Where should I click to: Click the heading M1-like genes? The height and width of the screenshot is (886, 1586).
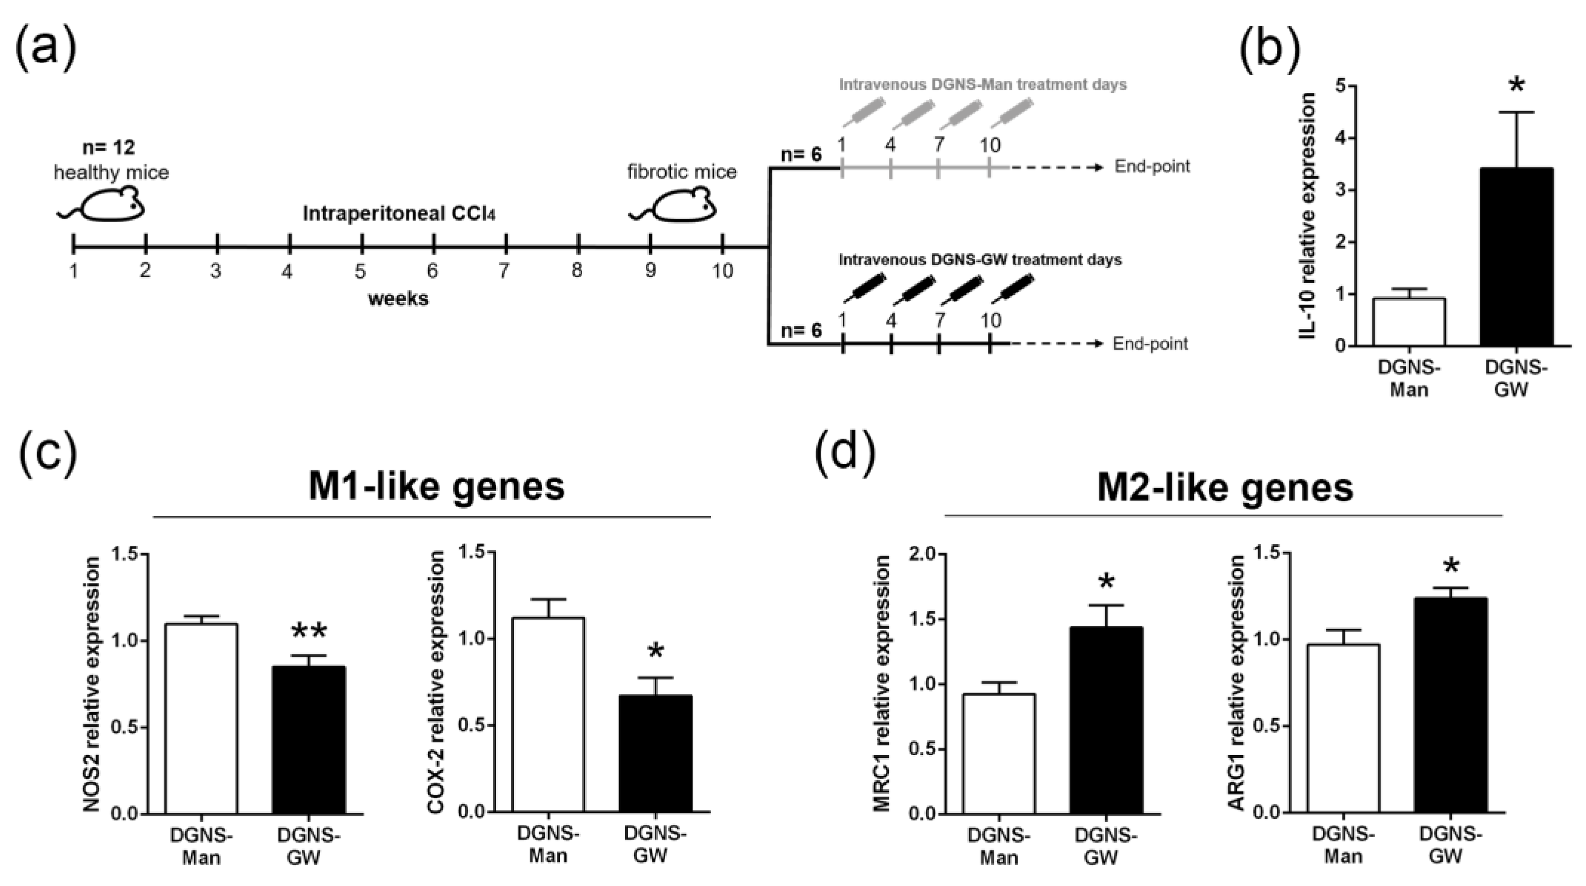[x=436, y=486]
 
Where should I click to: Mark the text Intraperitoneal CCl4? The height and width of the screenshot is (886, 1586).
[x=399, y=214]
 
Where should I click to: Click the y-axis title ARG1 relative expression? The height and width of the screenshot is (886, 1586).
[x=1234, y=684]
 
